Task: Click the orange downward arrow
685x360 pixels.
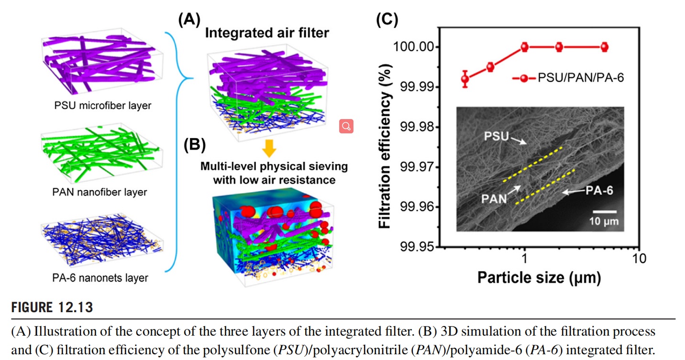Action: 271,150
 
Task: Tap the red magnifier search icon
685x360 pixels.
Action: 346,126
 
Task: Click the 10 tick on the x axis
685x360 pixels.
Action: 638,259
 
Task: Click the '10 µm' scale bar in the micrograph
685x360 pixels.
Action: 604,216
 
